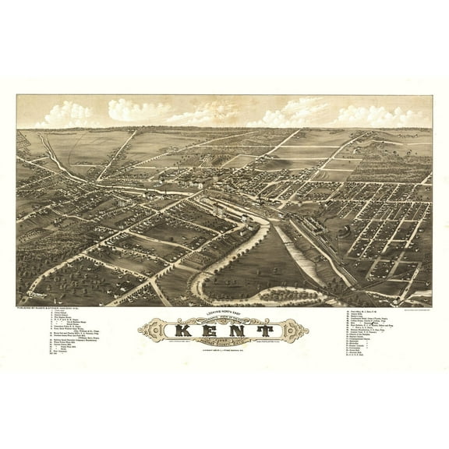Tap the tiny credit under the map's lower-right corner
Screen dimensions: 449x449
pos(405,306)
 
